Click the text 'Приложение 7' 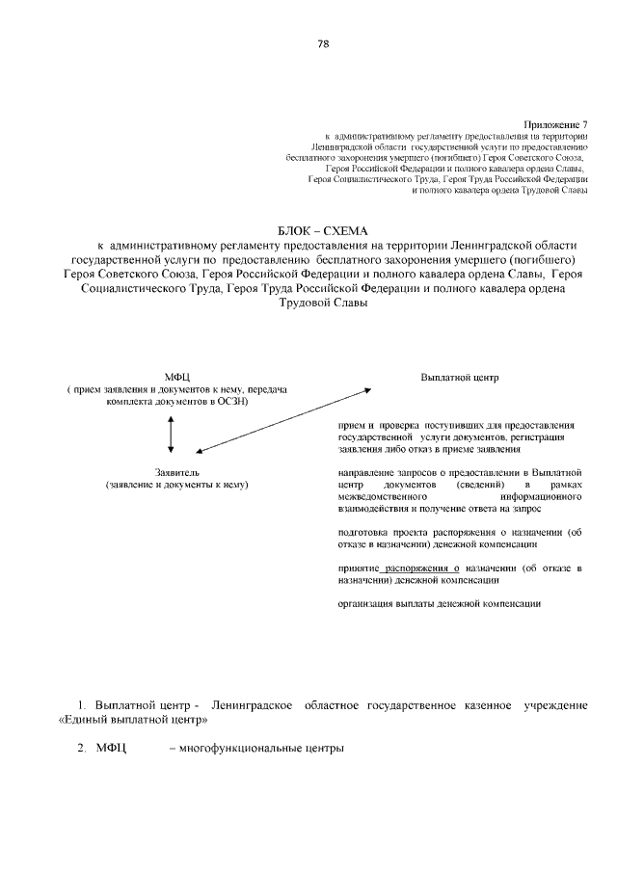click(x=555, y=124)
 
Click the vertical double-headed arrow click(x=171, y=435)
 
